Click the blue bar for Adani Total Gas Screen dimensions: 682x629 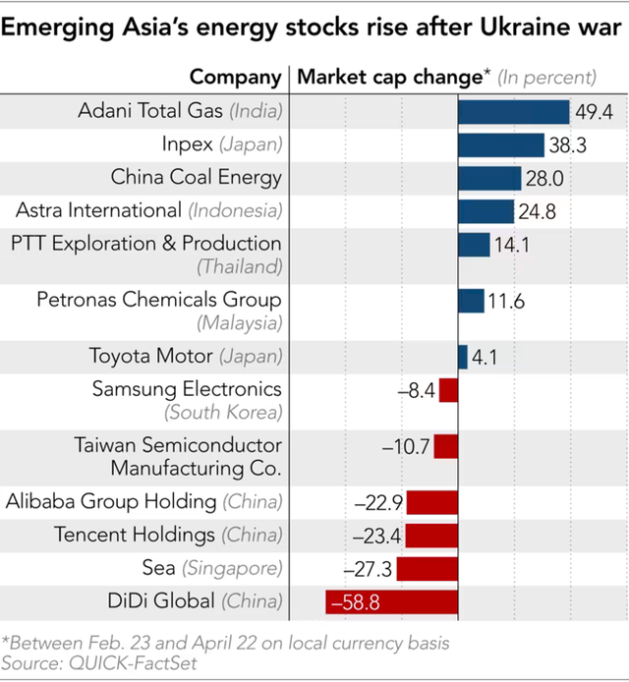514,112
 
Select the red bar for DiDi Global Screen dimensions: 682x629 391,601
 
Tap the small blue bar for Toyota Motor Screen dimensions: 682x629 463,357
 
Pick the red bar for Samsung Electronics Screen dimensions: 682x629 448,390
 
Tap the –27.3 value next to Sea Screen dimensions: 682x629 370,569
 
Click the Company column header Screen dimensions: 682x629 236,77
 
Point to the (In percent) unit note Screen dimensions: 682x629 546,77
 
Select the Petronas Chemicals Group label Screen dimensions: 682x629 159,300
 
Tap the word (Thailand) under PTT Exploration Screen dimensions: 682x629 240,266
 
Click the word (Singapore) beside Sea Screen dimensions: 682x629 232,568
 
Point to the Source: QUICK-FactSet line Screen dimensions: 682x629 86,664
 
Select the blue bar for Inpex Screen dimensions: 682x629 501,145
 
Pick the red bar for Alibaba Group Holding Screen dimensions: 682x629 431,503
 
